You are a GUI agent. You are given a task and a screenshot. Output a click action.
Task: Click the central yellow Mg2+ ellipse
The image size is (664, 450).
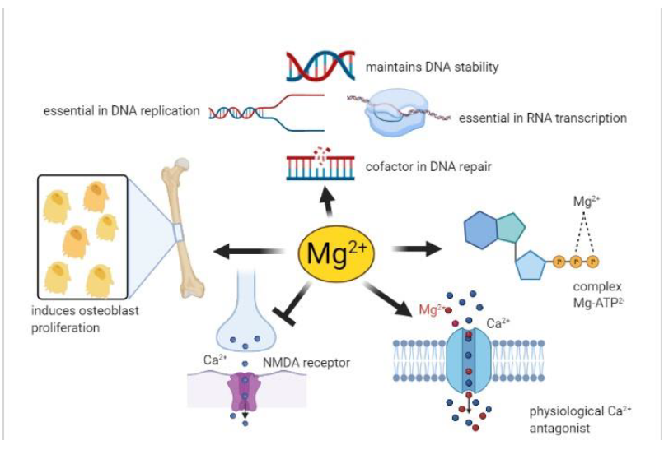(x=336, y=253)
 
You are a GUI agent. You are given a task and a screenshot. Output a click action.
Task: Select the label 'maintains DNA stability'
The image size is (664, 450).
(x=432, y=67)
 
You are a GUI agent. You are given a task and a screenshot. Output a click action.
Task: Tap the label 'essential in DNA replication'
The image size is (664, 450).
(x=122, y=111)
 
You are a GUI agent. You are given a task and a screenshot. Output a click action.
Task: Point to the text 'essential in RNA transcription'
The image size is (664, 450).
(x=543, y=118)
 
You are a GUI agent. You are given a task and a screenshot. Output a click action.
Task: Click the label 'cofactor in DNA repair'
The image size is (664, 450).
(x=428, y=166)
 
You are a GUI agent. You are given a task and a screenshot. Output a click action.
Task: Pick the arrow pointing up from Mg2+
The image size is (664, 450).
(x=327, y=202)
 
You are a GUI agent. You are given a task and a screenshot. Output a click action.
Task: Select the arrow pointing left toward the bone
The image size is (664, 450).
(x=248, y=252)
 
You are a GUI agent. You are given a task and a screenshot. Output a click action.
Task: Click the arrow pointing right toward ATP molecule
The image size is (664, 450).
(x=416, y=248)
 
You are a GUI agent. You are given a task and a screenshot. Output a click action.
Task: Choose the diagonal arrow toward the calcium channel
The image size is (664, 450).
(x=387, y=299)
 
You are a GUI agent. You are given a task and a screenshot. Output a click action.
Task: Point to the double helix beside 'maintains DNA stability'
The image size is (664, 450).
(x=320, y=66)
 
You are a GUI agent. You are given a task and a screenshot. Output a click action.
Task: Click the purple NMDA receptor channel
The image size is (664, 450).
(x=245, y=392)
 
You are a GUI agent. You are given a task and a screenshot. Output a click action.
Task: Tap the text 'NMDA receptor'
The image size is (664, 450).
(x=306, y=363)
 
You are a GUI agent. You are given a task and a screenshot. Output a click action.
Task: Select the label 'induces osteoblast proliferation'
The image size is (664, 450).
(x=85, y=319)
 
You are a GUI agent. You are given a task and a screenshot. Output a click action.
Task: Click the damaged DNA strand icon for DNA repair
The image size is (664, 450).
(x=320, y=164)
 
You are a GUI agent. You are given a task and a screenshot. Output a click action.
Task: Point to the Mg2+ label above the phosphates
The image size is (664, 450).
(x=587, y=201)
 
